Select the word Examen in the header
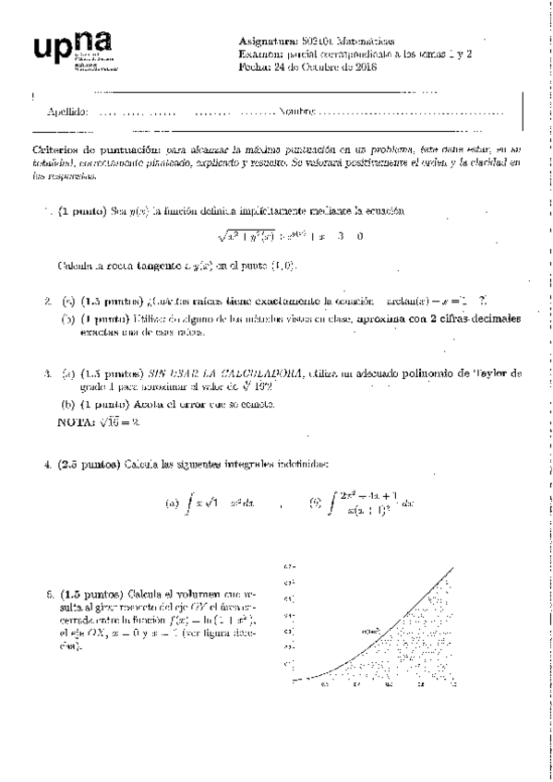[x=259, y=53]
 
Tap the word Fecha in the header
[x=252, y=65]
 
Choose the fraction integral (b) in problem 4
[x=363, y=504]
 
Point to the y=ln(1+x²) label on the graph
[x=372, y=630]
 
